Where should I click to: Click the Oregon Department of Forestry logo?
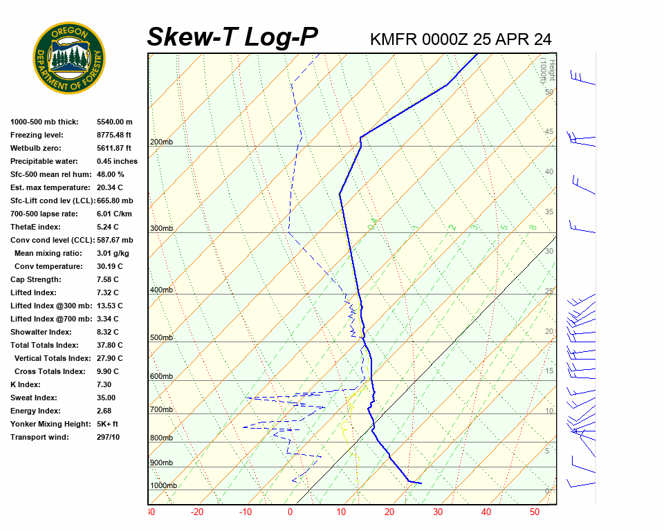tap(69, 58)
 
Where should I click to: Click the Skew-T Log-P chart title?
tap(232, 37)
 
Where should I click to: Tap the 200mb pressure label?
tap(161, 142)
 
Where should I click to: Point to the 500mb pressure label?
tap(161, 337)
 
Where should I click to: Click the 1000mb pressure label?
tap(163, 485)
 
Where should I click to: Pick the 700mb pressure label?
tap(161, 409)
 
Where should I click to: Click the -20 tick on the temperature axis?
tap(197, 512)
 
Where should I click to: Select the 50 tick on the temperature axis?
tap(535, 512)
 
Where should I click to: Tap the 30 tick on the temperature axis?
tap(437, 512)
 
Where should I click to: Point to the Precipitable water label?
tap(42, 161)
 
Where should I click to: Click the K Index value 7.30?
tap(104, 384)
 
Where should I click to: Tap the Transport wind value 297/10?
tap(108, 437)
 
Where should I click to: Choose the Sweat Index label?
tap(34, 398)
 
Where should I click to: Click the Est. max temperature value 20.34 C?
tap(111, 187)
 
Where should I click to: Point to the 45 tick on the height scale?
tap(548, 132)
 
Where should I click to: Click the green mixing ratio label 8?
tap(533, 227)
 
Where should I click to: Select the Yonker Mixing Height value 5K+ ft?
tap(108, 424)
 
